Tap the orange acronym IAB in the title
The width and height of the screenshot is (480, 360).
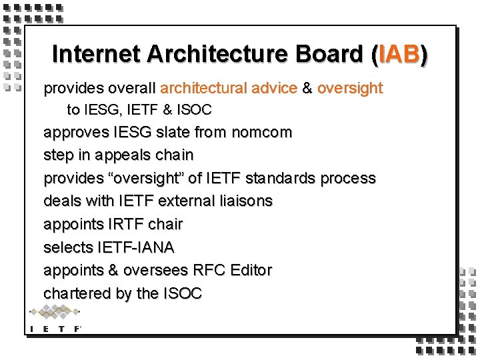(399, 54)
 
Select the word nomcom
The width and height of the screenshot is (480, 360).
(261, 132)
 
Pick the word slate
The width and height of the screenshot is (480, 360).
(173, 132)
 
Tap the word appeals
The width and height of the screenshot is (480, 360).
(127, 155)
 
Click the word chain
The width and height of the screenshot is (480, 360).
(175, 155)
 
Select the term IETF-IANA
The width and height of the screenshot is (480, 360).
(136, 247)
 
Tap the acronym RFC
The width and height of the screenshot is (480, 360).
(209, 270)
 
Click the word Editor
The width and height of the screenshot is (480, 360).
(251, 270)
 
